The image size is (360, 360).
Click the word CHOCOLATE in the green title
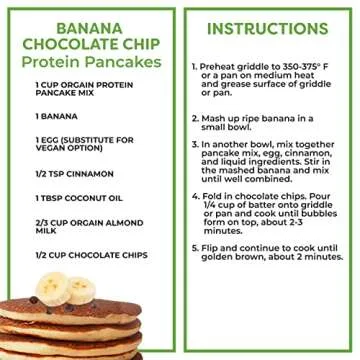point(70,46)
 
